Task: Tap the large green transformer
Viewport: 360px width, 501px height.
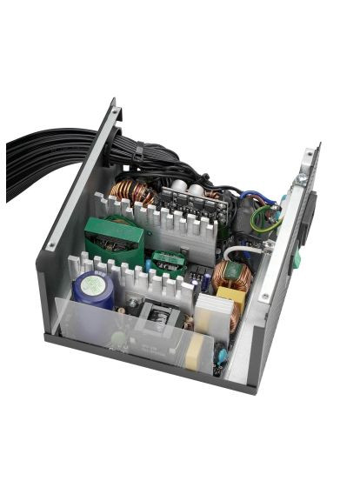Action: tap(114, 238)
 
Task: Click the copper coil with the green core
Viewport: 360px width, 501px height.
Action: tap(231, 276)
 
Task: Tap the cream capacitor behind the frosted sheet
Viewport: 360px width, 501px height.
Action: tap(198, 350)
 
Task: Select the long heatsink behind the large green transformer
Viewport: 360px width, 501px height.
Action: tap(165, 221)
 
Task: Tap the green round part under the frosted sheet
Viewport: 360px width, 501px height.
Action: tap(117, 337)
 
